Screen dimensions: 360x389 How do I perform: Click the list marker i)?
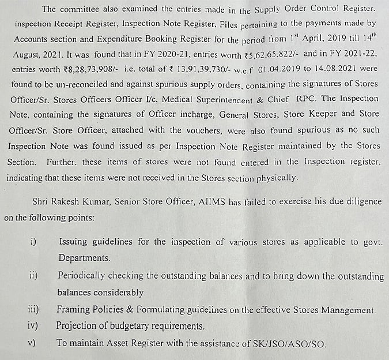click(33, 242)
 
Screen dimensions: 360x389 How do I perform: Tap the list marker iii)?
click(33, 310)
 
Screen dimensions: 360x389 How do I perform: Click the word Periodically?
click(84, 276)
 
